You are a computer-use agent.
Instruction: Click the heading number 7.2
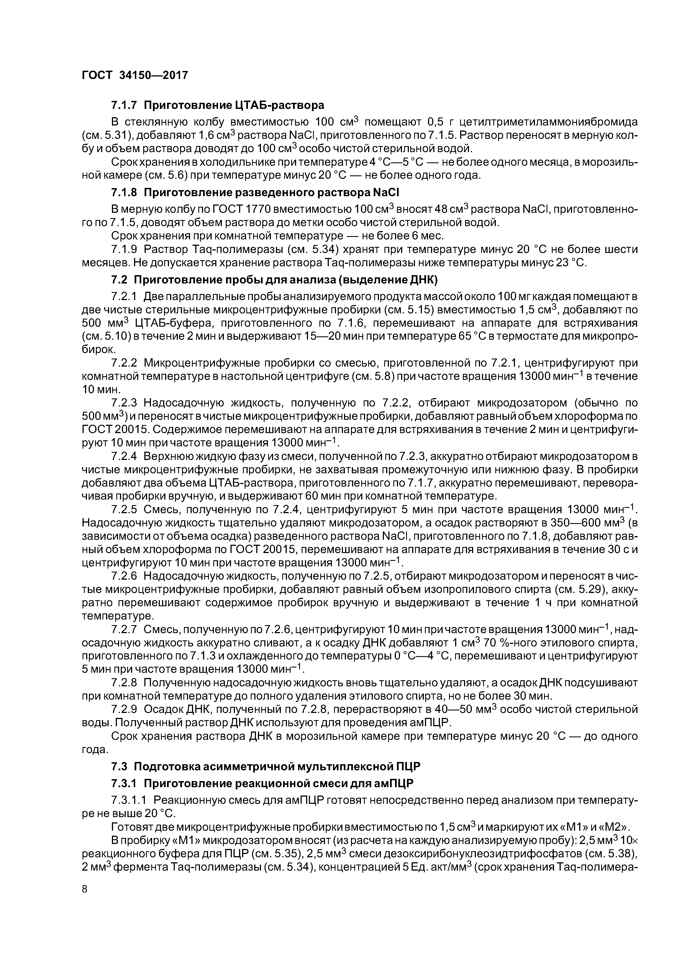pyautogui.click(x=119, y=280)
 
